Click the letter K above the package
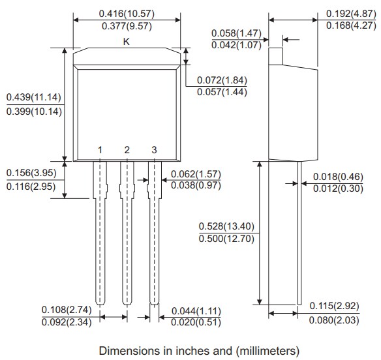(127, 41)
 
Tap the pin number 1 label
(100, 150)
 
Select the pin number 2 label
(127, 150)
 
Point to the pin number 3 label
(154, 150)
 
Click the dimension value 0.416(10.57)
(127, 13)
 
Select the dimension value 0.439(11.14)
(34, 97)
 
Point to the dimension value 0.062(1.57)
(195, 174)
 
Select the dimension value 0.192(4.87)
(350, 13)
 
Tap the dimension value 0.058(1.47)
(236, 32)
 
